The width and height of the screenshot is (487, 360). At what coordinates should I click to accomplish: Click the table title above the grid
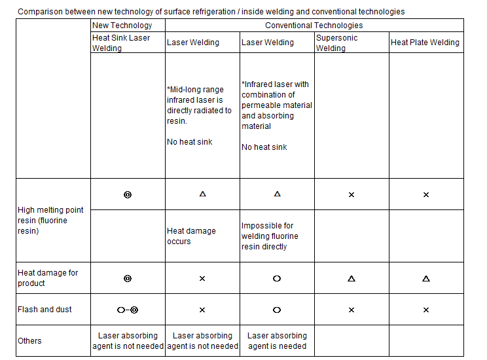pos(211,12)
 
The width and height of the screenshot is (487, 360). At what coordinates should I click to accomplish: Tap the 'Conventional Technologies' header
pos(314,26)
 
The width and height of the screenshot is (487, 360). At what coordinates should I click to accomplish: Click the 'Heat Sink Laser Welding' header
pos(121,43)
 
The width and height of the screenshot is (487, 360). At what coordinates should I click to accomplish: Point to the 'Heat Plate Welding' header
pos(425,43)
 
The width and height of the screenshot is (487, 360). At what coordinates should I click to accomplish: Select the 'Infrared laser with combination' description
pos(276,105)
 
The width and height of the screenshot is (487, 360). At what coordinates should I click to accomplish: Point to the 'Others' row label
pos(29,340)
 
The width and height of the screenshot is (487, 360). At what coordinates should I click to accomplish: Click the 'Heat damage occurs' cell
pos(191,236)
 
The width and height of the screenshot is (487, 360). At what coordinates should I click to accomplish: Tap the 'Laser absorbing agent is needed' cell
pos(277,340)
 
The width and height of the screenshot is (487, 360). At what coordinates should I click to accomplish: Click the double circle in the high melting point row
pos(128,194)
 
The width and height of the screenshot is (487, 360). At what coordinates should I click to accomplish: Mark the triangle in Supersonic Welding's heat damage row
pos(352,278)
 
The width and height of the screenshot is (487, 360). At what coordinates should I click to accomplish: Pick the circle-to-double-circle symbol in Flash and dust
pos(128,310)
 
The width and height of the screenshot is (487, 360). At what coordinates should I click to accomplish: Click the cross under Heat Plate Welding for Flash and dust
pos(426,310)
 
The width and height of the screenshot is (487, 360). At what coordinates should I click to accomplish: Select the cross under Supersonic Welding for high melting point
pos(352,194)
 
